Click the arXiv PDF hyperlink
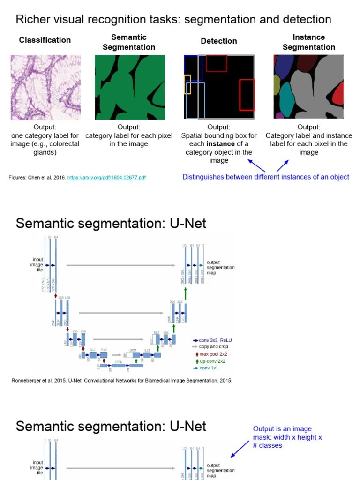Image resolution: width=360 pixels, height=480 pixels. [x=106, y=178]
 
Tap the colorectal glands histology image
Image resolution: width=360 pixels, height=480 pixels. [x=45, y=87]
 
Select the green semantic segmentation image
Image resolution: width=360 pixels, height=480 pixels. [x=130, y=87]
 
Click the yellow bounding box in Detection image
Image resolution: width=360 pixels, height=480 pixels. [x=187, y=84]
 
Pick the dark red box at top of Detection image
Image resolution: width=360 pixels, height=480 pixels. [x=216, y=63]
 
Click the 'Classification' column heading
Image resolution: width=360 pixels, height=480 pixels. [x=45, y=40]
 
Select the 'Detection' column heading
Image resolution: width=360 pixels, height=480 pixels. [x=219, y=41]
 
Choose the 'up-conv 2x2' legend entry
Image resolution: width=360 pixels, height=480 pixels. [x=212, y=361]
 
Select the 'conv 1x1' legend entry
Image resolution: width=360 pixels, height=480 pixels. [x=210, y=368]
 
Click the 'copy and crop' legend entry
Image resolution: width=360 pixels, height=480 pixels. [x=214, y=347]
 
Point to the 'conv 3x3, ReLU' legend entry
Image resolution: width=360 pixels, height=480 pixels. [x=215, y=340]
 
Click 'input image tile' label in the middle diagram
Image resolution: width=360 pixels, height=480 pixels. [x=37, y=265]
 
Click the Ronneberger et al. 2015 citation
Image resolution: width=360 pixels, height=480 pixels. [x=121, y=381]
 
